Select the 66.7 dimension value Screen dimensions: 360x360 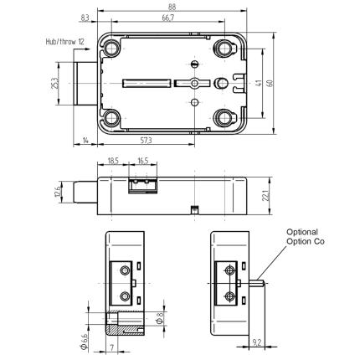click(167, 18)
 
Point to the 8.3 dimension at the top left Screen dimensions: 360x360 click(86, 18)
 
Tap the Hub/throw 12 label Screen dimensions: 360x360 click(67, 40)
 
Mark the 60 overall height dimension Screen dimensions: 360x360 click(281, 83)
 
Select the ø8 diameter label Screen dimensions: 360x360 click(160, 318)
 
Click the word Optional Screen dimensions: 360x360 click(302, 232)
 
